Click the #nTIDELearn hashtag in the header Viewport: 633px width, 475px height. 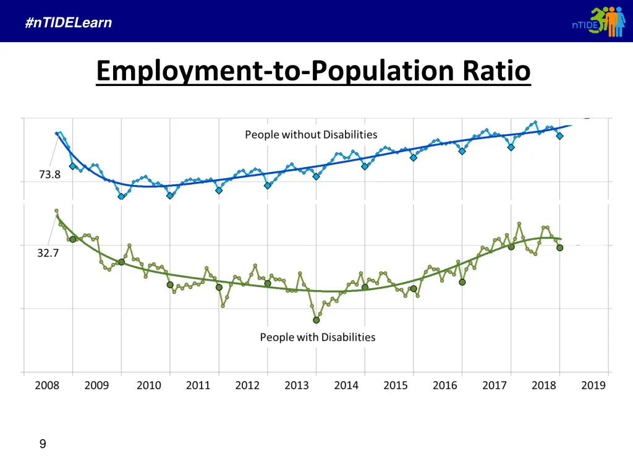(69, 24)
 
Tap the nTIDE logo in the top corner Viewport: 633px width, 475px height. (598, 22)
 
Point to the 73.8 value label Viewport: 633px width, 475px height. (49, 175)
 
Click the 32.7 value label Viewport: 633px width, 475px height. (48, 252)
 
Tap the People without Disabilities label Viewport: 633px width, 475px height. (311, 135)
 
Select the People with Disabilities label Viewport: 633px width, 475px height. (318, 337)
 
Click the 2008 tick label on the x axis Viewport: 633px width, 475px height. (47, 385)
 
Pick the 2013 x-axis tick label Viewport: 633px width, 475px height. (297, 385)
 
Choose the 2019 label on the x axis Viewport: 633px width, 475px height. (593, 385)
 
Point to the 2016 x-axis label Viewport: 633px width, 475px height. (445, 385)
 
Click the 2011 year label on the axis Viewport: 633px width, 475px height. (198, 385)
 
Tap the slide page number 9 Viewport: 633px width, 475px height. (43, 443)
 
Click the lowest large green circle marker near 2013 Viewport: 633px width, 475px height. (316, 320)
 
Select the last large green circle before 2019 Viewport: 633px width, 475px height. (560, 247)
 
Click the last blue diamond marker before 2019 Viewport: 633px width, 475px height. (560, 136)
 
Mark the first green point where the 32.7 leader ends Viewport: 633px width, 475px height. (56, 211)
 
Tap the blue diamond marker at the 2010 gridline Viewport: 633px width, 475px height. (170, 196)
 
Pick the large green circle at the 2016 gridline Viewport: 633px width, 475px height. (462, 282)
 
